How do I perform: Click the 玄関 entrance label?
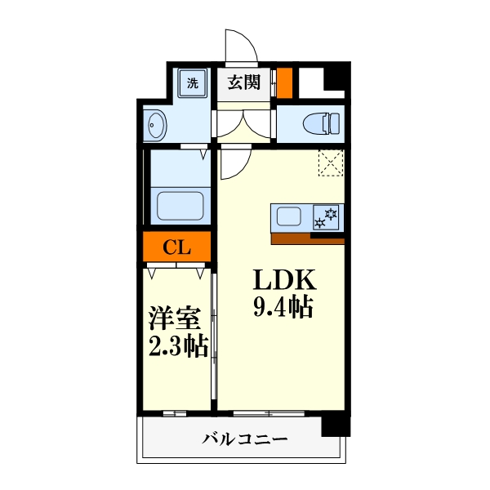tap(243, 82)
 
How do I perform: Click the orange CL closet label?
tap(177, 247)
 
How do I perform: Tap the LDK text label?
tap(283, 281)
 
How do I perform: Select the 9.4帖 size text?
tap(283, 309)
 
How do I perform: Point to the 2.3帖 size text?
tap(177, 346)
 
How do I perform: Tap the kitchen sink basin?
tap(290, 217)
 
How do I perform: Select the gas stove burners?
tap(327, 217)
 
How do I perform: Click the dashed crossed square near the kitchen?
tap(331, 163)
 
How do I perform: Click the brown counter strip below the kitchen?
tap(306, 238)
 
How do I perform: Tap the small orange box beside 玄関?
tap(284, 82)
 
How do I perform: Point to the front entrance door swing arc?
tap(238, 45)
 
